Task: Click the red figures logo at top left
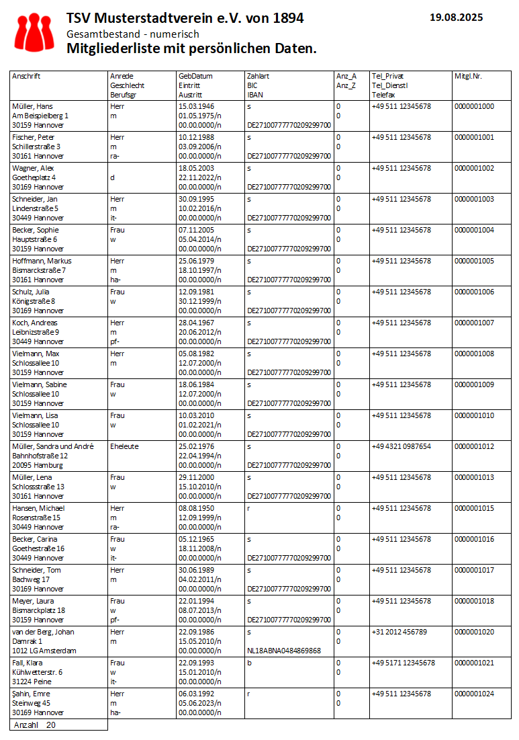pyautogui.click(x=34, y=32)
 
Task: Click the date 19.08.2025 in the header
pyautogui.click(x=456, y=18)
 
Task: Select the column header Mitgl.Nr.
pyautogui.click(x=468, y=77)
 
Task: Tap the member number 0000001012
pyautogui.click(x=474, y=446)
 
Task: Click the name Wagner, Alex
pyautogui.click(x=32, y=168)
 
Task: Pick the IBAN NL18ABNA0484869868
pyautogui.click(x=284, y=651)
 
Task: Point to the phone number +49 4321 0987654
pyautogui.click(x=402, y=446)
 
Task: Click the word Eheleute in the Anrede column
pyautogui.click(x=124, y=446)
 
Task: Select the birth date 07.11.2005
pyautogui.click(x=196, y=230)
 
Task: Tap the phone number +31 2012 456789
pyautogui.click(x=399, y=632)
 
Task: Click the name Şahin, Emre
pyautogui.click(x=32, y=694)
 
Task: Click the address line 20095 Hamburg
pyautogui.click(x=38, y=465)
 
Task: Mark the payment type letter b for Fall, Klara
pyautogui.click(x=249, y=663)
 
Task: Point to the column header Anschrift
pyautogui.click(x=26, y=77)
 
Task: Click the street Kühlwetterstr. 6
pyautogui.click(x=38, y=672)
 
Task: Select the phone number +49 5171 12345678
pyautogui.click(x=403, y=663)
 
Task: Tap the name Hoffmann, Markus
pyautogui.click(x=42, y=261)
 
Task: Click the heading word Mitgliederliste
pyautogui.click(x=110, y=48)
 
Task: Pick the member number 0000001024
pyautogui.click(x=474, y=694)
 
